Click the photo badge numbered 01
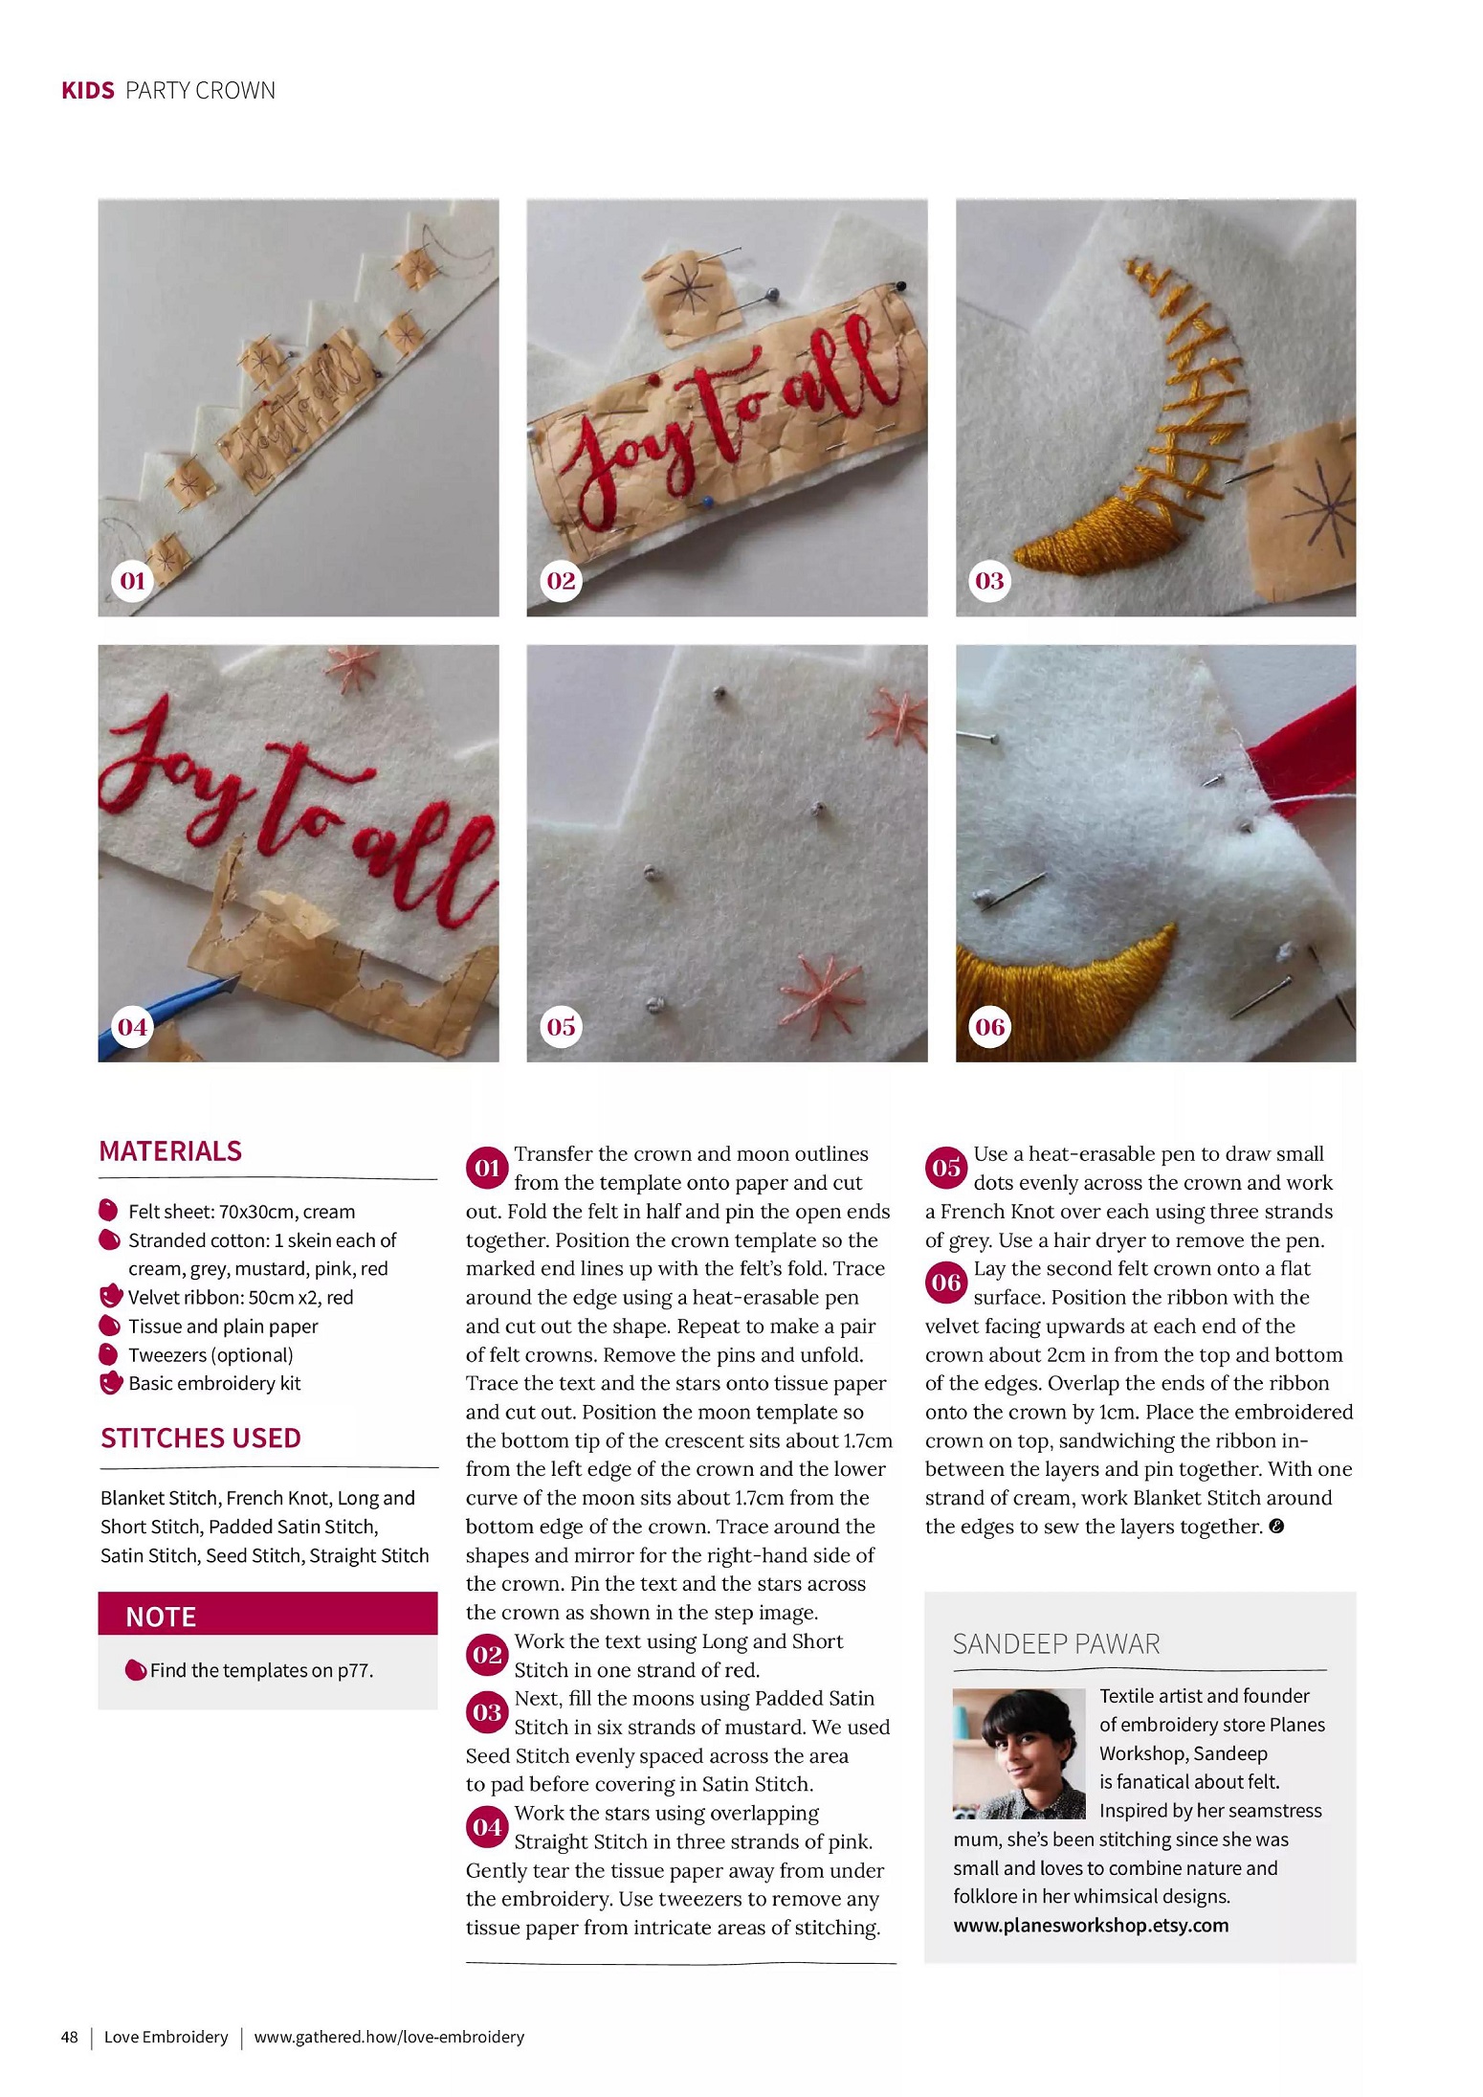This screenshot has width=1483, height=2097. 132,580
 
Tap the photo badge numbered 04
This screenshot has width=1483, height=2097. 132,1026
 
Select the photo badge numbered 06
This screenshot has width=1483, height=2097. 989,1026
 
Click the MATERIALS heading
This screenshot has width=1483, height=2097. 170,1151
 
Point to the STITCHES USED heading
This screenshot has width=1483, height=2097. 201,1439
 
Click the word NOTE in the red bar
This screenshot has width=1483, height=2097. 161,1617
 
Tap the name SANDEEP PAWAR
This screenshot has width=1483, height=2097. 1056,1644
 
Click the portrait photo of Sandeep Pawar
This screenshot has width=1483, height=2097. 1019,1753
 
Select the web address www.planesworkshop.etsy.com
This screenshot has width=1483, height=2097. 1091,1925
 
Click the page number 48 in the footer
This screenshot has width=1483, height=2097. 70,2037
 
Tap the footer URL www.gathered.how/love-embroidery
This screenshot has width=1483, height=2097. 389,2037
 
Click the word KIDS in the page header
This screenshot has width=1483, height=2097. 88,91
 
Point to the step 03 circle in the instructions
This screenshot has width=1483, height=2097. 487,1712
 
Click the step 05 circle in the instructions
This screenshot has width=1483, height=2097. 946,1168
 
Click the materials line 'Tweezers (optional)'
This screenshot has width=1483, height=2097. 210,1355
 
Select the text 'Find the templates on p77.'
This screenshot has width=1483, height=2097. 261,1670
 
